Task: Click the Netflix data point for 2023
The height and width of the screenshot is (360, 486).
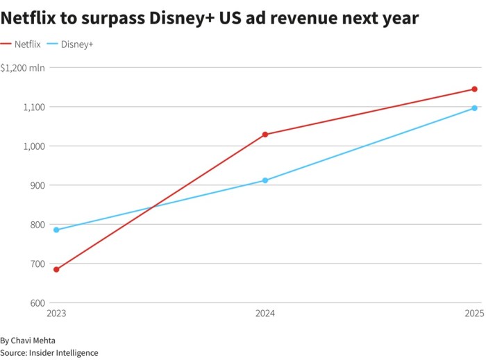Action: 56,269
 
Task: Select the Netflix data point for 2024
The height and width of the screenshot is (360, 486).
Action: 265,135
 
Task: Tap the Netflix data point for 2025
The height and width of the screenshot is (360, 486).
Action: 474,89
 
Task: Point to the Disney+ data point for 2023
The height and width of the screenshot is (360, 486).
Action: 56,230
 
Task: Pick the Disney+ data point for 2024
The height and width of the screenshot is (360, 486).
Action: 265,180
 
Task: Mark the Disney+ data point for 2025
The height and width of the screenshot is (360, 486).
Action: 474,108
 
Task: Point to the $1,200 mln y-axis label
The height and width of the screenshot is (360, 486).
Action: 22,68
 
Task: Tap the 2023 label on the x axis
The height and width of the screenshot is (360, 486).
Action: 56,314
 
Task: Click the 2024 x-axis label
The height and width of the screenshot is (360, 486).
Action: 265,314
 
